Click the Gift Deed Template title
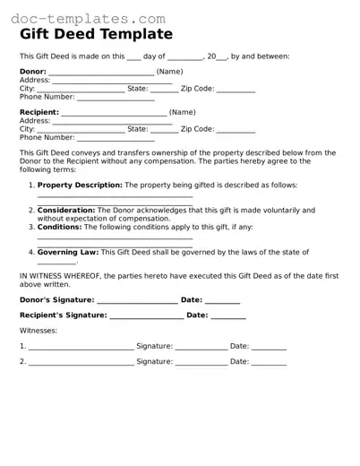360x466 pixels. pos(96,34)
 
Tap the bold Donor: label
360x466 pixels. pos(33,71)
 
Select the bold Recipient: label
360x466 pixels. pos(39,112)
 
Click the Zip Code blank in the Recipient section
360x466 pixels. pos(236,130)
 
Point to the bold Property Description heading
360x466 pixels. pos(80,185)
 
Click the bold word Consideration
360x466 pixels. pos(65,210)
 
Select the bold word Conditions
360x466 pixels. pos(60,228)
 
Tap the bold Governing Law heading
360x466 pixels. pos(68,253)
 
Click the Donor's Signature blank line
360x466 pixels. pos(135,300)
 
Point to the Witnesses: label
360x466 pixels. pos(39,331)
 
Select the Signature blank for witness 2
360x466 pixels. pos(201,363)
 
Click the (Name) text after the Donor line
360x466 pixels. pos(169,71)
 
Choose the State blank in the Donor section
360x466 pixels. pos(164,90)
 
